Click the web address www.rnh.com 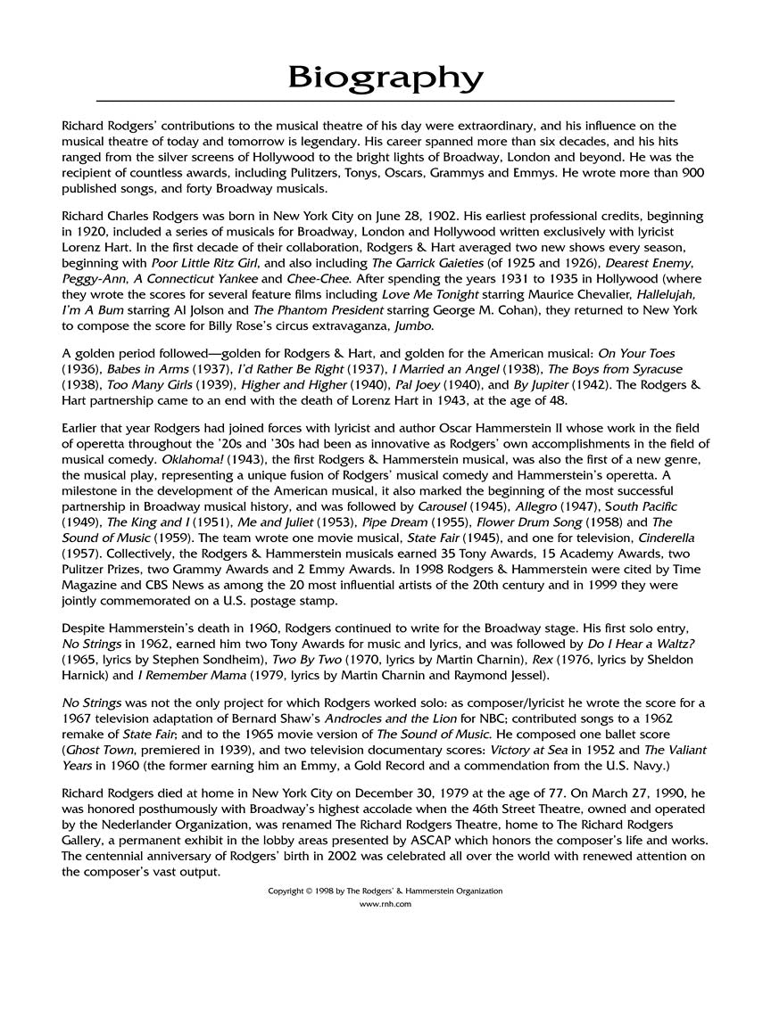tap(385, 904)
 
